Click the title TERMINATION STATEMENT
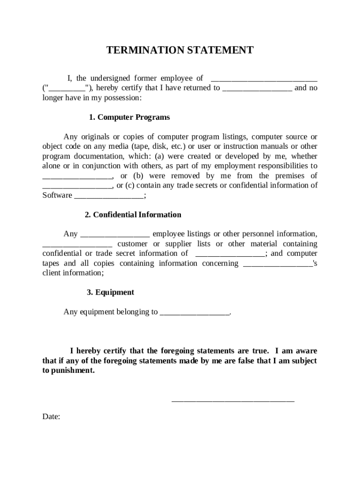180,50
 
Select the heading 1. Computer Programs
130,117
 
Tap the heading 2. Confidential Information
133,215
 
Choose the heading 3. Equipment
110,292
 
